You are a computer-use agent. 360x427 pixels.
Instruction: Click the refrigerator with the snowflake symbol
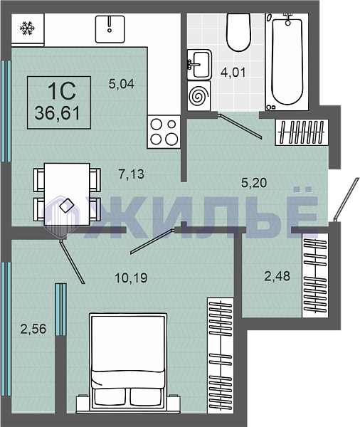click(28, 28)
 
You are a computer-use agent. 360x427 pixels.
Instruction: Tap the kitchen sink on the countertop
click(110, 29)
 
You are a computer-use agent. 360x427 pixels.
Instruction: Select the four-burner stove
click(164, 132)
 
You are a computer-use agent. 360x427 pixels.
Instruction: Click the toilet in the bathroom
click(238, 32)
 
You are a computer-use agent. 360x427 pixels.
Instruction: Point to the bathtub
click(287, 62)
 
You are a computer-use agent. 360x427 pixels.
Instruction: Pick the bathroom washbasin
click(199, 65)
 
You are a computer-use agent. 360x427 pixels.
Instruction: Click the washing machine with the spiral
click(198, 95)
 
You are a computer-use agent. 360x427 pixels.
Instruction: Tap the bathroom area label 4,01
click(233, 73)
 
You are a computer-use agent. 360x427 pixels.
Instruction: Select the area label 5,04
click(122, 83)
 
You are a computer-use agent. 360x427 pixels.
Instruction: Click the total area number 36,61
click(58, 113)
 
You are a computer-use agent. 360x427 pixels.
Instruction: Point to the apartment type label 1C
click(62, 91)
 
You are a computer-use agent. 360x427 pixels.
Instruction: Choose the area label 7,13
click(131, 174)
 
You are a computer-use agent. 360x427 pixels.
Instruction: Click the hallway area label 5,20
click(254, 182)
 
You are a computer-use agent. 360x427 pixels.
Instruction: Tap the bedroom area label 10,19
click(131, 278)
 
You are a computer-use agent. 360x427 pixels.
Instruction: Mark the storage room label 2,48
click(277, 276)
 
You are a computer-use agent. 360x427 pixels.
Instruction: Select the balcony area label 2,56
click(33, 329)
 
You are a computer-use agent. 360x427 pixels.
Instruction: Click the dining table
click(67, 194)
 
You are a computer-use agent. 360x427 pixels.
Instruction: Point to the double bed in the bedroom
click(128, 362)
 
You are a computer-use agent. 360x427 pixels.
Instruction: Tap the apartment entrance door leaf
click(345, 199)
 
